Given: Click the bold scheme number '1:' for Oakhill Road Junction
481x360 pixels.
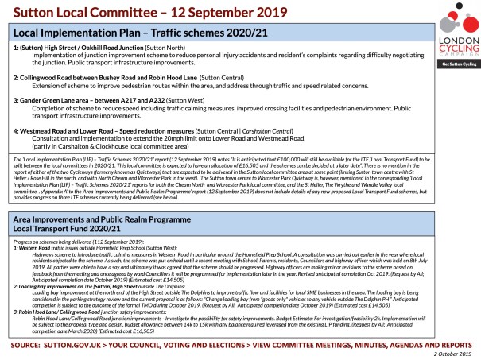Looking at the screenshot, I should pos(17,47).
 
